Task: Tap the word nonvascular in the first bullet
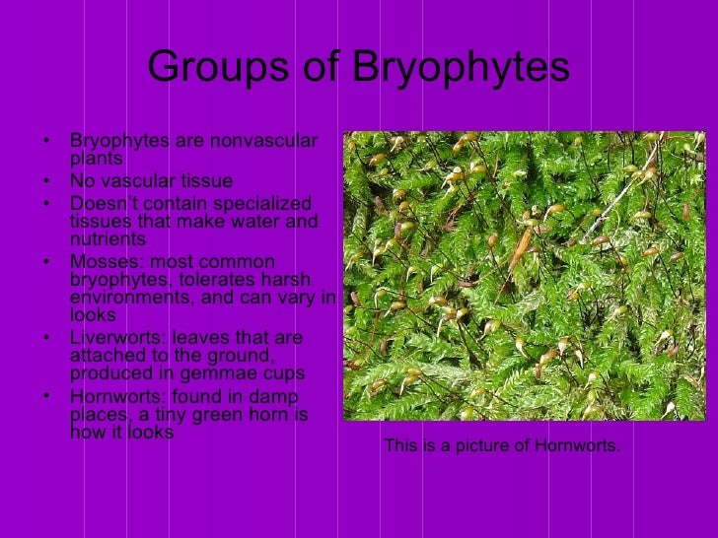pyautogui.click(x=266, y=142)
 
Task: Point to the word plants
pyautogui.click(x=96, y=159)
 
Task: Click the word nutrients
pyautogui.click(x=108, y=238)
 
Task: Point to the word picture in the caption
pyautogui.click(x=472, y=446)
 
